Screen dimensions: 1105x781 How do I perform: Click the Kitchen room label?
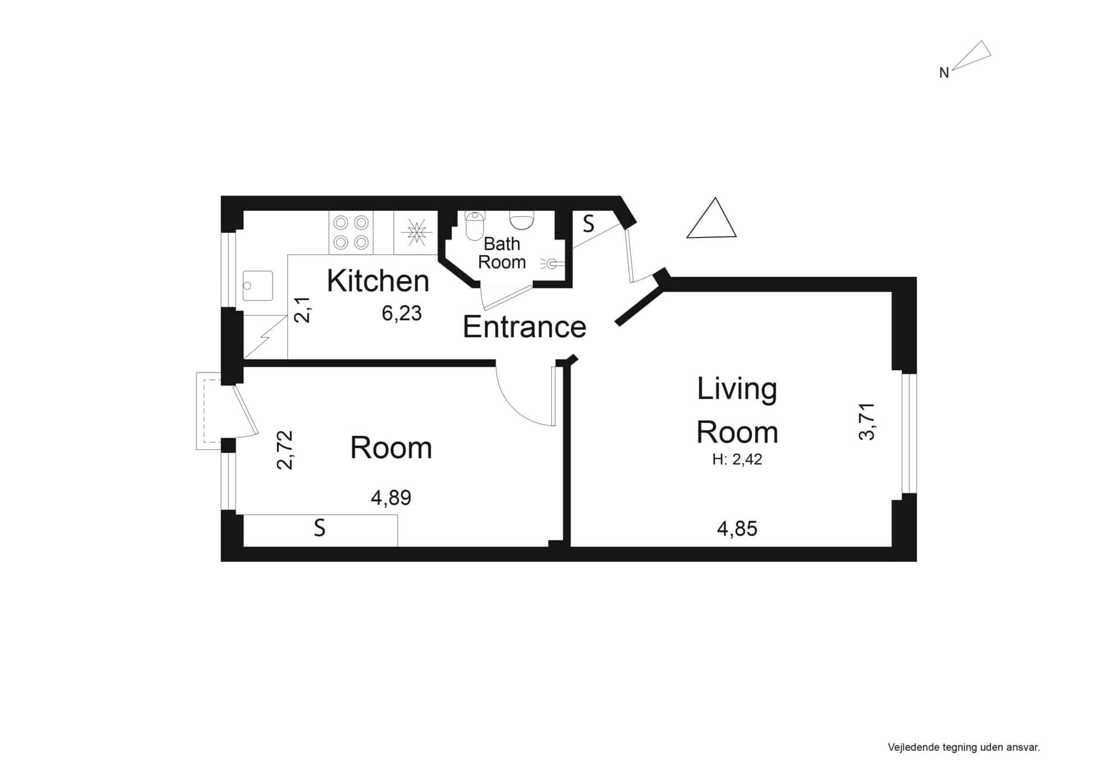[378, 280]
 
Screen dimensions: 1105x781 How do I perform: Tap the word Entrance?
[524, 327]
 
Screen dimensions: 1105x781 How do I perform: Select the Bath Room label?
[502, 253]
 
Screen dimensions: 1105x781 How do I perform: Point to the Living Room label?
[737, 410]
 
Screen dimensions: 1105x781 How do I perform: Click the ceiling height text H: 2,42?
[737, 460]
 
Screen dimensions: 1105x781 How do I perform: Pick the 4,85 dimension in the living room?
[737, 529]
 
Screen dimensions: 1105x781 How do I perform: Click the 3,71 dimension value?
[867, 422]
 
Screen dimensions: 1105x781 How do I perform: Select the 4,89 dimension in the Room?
[391, 498]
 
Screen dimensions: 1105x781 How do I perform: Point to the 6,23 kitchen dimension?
[402, 313]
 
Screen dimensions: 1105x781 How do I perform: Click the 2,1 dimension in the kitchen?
[303, 310]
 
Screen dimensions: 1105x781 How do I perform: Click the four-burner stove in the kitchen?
[351, 232]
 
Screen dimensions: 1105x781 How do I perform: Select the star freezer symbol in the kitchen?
[417, 232]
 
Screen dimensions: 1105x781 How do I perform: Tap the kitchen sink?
[258, 285]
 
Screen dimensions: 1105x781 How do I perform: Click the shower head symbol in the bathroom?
[552, 264]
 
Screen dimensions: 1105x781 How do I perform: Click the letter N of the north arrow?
[944, 73]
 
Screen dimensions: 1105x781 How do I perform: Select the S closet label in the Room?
[320, 528]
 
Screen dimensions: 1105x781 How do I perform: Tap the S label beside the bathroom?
[589, 223]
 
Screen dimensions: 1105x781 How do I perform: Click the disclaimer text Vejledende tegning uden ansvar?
[964, 748]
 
